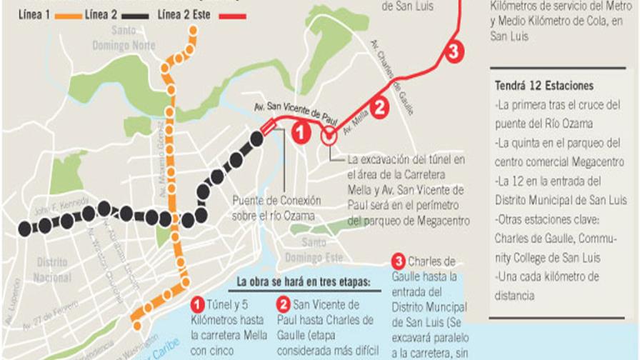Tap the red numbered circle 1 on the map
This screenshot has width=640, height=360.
[301, 132]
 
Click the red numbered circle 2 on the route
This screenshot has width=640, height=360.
[380, 107]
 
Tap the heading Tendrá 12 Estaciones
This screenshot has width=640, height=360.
[544, 86]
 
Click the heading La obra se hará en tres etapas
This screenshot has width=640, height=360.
[304, 281]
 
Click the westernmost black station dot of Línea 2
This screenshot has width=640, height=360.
[25, 229]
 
